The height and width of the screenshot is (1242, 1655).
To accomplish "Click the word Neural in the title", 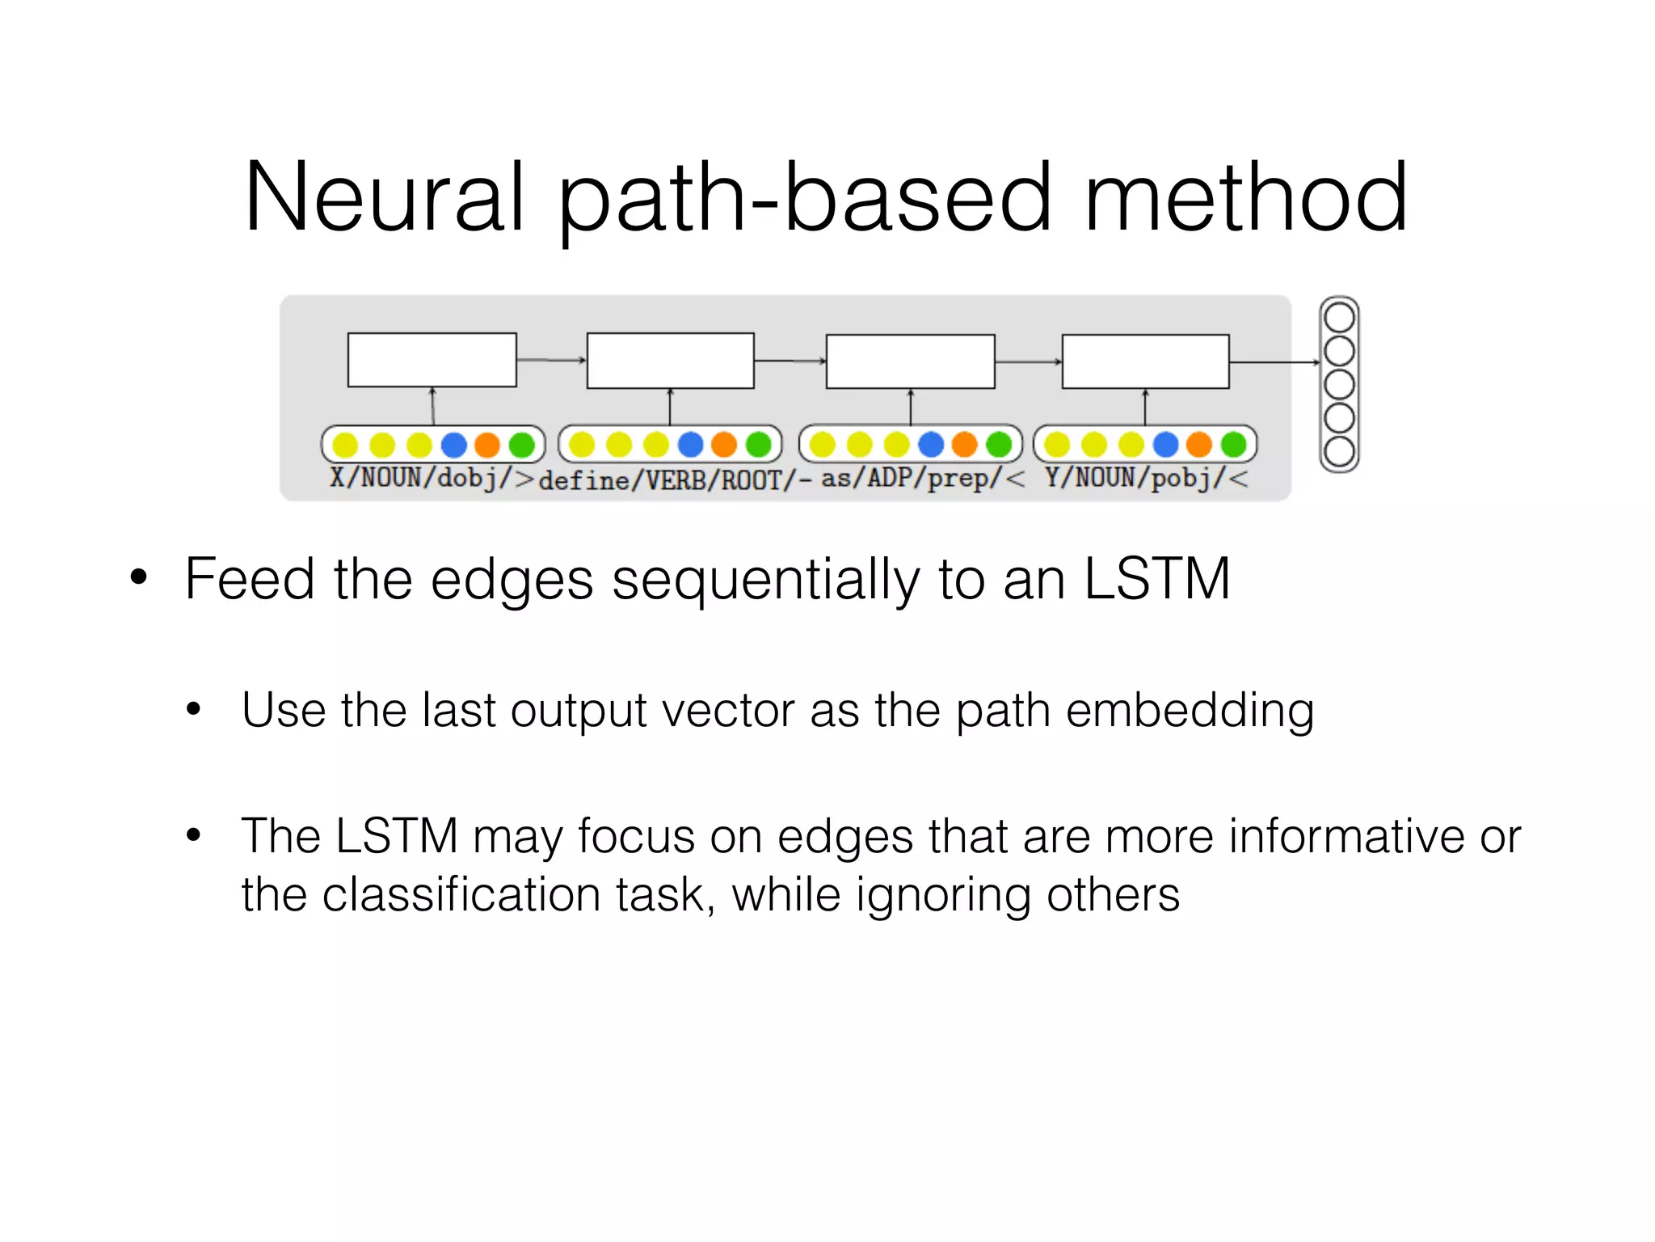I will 385,197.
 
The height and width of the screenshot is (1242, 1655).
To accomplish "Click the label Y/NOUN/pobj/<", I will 1146,478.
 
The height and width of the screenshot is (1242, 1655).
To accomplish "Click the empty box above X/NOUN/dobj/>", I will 432,360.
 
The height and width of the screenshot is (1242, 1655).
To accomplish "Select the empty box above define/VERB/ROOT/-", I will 670,361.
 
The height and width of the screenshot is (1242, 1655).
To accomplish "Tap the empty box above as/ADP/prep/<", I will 910,361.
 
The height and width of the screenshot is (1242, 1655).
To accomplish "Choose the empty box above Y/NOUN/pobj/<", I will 1145,361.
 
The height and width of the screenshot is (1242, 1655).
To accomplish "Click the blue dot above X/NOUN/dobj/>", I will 454,445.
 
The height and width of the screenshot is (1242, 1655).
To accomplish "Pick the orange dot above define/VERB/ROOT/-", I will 724,444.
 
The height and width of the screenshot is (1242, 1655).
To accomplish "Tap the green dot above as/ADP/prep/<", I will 999,444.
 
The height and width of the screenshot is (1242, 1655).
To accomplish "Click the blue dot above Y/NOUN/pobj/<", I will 1165,444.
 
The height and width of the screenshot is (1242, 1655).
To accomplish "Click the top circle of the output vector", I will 1339,318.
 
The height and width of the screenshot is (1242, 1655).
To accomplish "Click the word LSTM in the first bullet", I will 1156,579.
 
